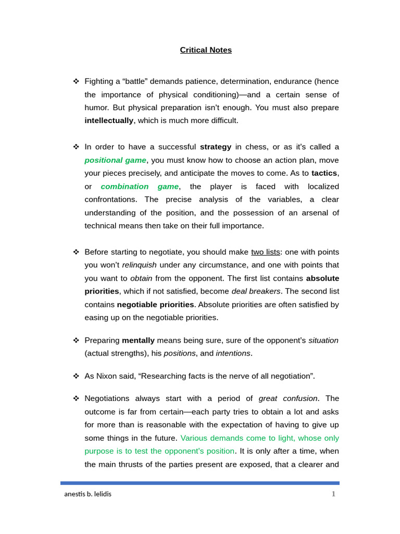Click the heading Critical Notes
(206, 50)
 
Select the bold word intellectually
(109, 120)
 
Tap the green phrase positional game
(115, 160)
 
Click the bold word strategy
(216, 147)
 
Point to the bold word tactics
(324, 173)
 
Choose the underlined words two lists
(266, 252)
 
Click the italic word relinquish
(139, 265)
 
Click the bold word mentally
(138, 341)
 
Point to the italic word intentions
(233, 353)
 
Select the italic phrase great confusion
(288, 398)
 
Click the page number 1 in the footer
(333, 494)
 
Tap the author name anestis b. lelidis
(87, 494)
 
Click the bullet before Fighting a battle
(76, 81)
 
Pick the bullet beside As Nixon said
(76, 376)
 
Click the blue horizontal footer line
(200, 483)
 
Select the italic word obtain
(141, 278)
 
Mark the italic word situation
(323, 341)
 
